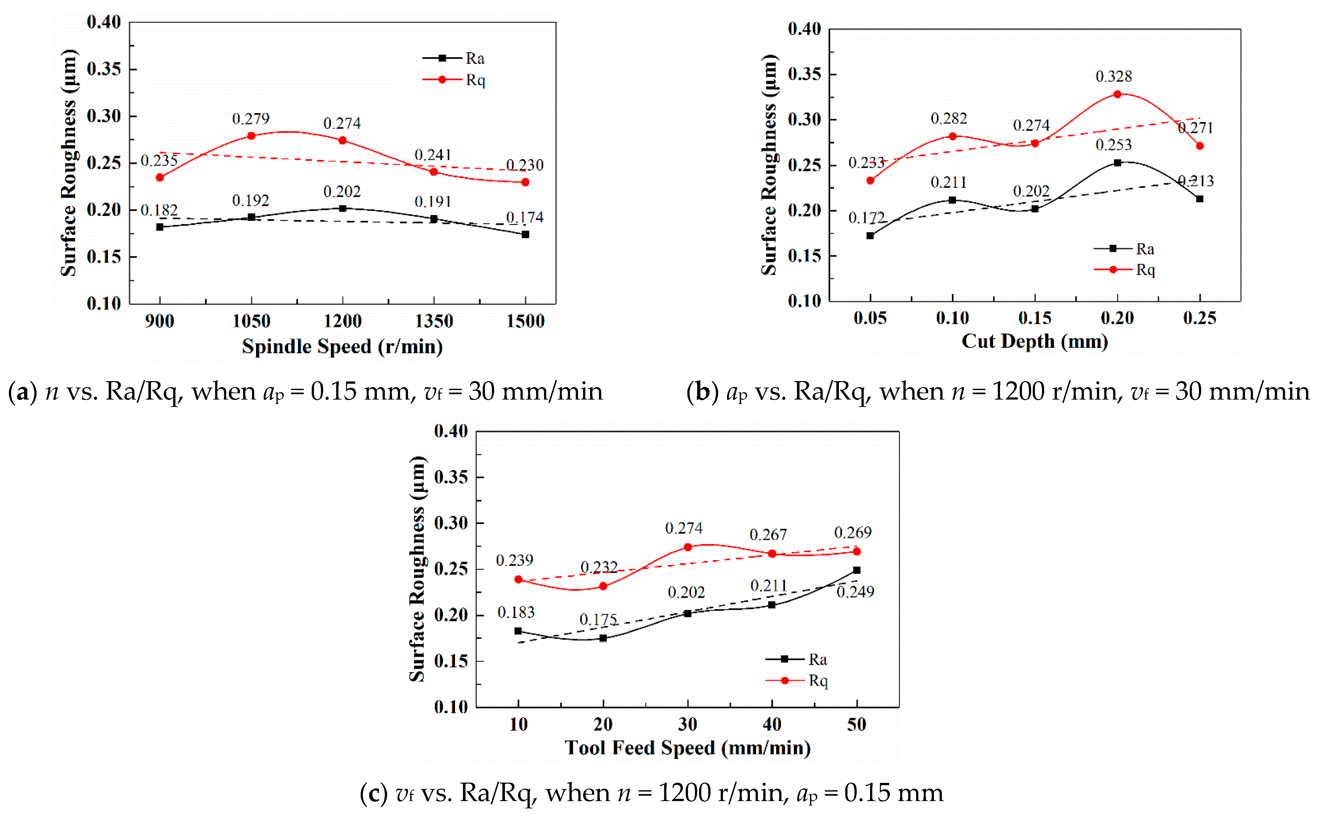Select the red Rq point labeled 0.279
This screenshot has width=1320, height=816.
(x=251, y=135)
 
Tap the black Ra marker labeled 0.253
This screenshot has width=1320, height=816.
(x=1117, y=162)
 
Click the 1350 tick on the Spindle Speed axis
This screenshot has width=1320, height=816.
(x=434, y=321)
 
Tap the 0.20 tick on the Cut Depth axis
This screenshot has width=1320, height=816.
(x=1117, y=318)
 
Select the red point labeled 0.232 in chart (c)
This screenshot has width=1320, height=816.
(x=603, y=586)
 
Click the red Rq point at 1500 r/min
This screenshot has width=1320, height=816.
(x=525, y=182)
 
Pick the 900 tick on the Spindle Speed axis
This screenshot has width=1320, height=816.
(x=160, y=321)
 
